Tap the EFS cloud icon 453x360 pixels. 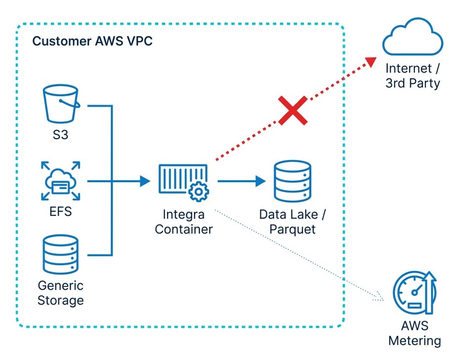point(60,182)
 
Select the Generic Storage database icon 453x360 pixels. point(60,254)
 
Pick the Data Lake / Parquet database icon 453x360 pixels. point(292,182)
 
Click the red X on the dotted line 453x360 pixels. point(292,111)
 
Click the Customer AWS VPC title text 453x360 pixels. point(92,41)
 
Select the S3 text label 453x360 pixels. point(60,134)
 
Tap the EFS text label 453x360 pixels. point(60,212)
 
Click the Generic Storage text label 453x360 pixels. point(60,293)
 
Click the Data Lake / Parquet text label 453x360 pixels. point(292,222)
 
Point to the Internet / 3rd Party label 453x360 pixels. point(412,76)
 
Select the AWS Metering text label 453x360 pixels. point(414,333)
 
